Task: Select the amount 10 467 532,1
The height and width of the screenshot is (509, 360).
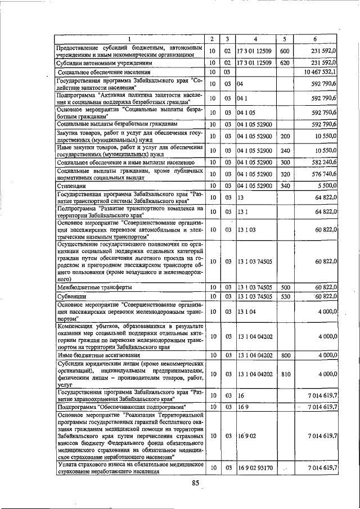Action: pos(319,72)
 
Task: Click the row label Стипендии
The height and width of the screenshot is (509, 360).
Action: pos(70,186)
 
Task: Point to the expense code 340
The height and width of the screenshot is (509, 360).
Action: pos(285,186)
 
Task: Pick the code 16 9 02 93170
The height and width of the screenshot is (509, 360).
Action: pos(255,468)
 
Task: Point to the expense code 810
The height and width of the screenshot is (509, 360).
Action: pos(285,373)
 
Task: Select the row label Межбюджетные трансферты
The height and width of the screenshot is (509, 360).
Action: pos(94,287)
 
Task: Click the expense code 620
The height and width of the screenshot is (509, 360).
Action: pos(285,64)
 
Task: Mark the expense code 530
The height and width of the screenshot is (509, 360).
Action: pos(285,296)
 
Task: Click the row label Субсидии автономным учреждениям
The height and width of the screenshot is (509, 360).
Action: pos(104,64)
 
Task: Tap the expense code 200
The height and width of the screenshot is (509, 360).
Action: pos(285,136)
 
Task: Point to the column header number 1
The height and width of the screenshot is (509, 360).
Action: pos(129,39)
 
